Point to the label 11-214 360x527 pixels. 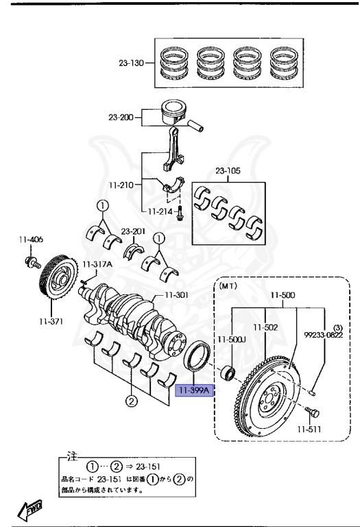pyautogui.click(x=156, y=211)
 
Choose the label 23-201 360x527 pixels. pyautogui.click(x=133, y=231)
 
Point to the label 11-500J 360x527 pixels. pyautogui.click(x=231, y=338)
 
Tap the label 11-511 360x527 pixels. pyautogui.click(x=309, y=430)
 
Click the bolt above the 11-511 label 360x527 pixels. pyautogui.click(x=314, y=413)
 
